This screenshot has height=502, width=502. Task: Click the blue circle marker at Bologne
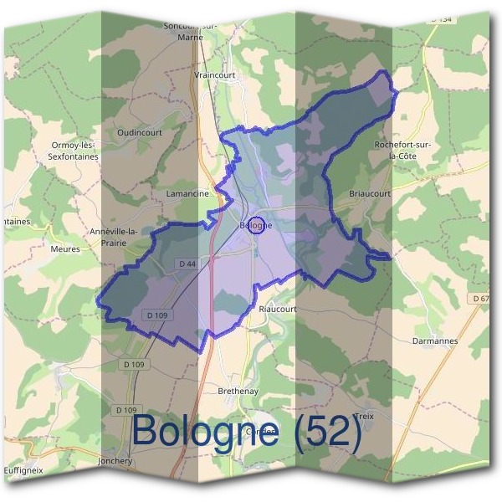(258, 224)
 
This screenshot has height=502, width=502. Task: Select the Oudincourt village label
(140, 132)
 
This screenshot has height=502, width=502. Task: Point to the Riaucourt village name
(278, 308)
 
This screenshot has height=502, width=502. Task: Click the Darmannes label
(435, 341)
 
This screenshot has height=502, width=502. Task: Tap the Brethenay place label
(237, 392)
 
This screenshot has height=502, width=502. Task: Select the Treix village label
(364, 416)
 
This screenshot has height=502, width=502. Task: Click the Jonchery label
(115, 460)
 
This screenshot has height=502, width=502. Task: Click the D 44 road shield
(187, 264)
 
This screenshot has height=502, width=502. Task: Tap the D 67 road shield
(479, 299)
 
